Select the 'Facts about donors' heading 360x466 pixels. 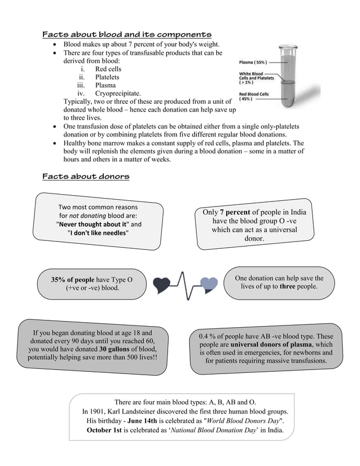click(86, 177)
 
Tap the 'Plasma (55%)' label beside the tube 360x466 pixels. click(253, 61)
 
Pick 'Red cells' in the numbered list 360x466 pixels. click(108, 69)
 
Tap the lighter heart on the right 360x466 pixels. click(209, 284)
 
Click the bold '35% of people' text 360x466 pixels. click(73, 279)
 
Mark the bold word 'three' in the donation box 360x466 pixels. click(287, 287)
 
